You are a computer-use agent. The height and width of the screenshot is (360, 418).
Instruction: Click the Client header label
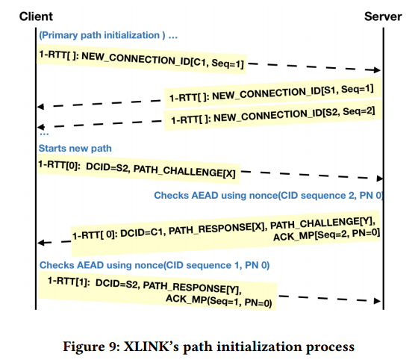[36, 16]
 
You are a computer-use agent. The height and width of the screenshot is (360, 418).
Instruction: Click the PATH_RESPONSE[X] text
[225, 229]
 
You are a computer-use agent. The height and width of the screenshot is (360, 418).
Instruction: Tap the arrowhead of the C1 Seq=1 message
[378, 70]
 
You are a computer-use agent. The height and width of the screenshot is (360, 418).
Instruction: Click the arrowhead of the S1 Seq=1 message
[41, 106]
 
